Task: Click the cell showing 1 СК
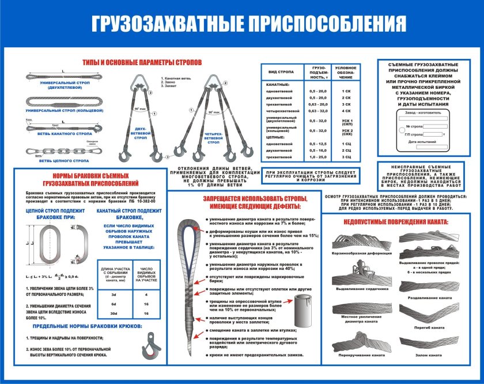pos(346,91)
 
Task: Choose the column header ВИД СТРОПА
pos(279,72)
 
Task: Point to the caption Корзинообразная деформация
pos(358,253)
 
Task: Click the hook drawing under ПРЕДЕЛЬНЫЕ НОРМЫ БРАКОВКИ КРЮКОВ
pos(151,349)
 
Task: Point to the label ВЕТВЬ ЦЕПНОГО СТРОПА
pos(63,161)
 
